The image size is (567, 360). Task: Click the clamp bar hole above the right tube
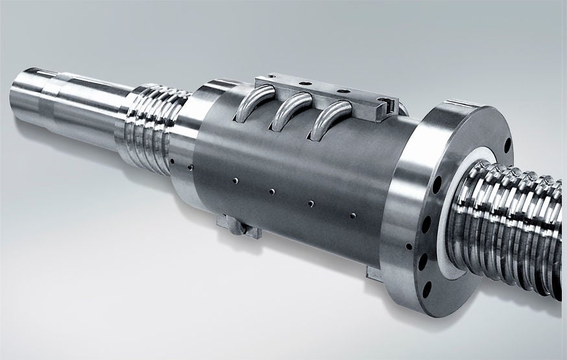click(343, 91)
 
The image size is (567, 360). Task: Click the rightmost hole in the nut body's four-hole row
click(352, 215)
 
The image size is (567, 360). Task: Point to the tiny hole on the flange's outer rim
click(409, 246)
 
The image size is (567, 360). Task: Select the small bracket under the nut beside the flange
click(374, 272)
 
